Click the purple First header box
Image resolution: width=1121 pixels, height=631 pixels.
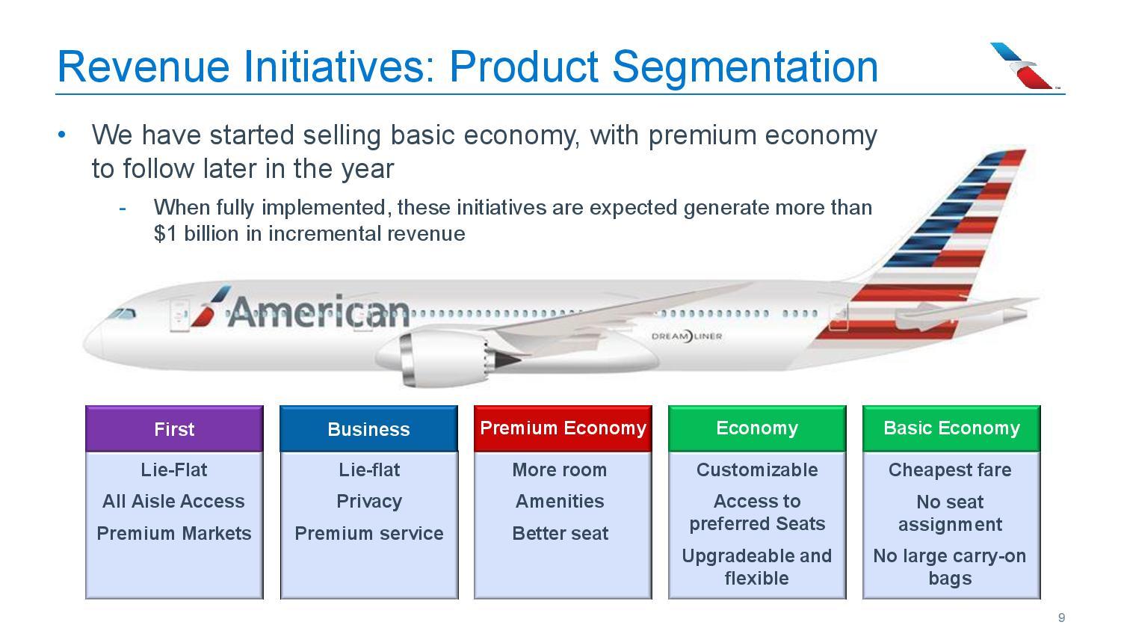click(x=174, y=429)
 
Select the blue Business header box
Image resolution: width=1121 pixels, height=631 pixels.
click(x=368, y=429)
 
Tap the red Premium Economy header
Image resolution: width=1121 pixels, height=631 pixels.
click(x=563, y=428)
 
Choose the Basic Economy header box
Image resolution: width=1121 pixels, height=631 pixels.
click(x=951, y=428)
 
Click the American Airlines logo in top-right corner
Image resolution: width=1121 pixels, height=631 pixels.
click(x=1023, y=66)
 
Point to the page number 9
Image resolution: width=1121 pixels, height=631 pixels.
click(x=1061, y=618)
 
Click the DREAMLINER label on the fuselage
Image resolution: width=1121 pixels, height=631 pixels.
click(x=687, y=336)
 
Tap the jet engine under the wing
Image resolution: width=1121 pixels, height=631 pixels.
click(x=441, y=357)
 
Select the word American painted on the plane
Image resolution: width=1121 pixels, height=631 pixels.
click(x=318, y=312)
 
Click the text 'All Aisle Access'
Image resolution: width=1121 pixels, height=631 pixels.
click(x=173, y=502)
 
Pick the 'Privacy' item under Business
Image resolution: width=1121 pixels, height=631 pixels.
click(x=368, y=502)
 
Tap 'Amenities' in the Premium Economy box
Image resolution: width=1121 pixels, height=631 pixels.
click(x=560, y=502)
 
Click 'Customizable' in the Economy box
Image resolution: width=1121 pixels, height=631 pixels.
click(x=757, y=470)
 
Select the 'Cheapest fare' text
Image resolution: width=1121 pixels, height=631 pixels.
click(x=950, y=470)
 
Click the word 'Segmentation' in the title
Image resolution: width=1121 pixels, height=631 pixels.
click(x=745, y=67)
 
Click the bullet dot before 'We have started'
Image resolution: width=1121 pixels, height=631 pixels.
click(x=63, y=135)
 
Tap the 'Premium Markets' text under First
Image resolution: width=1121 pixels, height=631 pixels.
click(x=174, y=534)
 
